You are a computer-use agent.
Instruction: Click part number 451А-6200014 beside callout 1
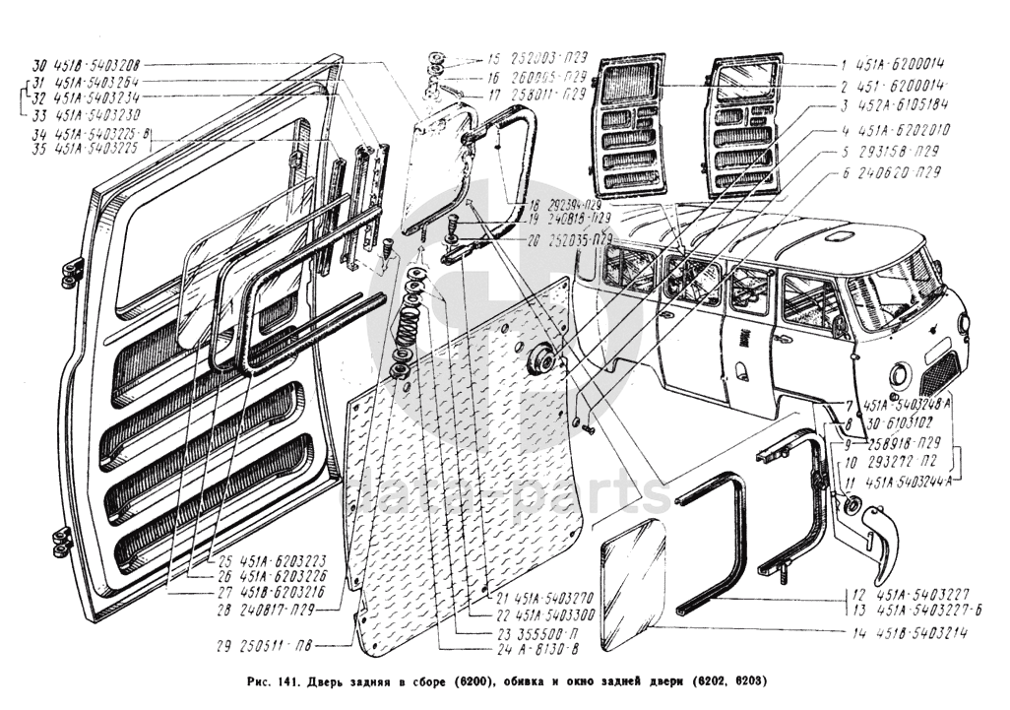[904, 64]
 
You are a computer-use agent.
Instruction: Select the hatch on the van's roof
[839, 236]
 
